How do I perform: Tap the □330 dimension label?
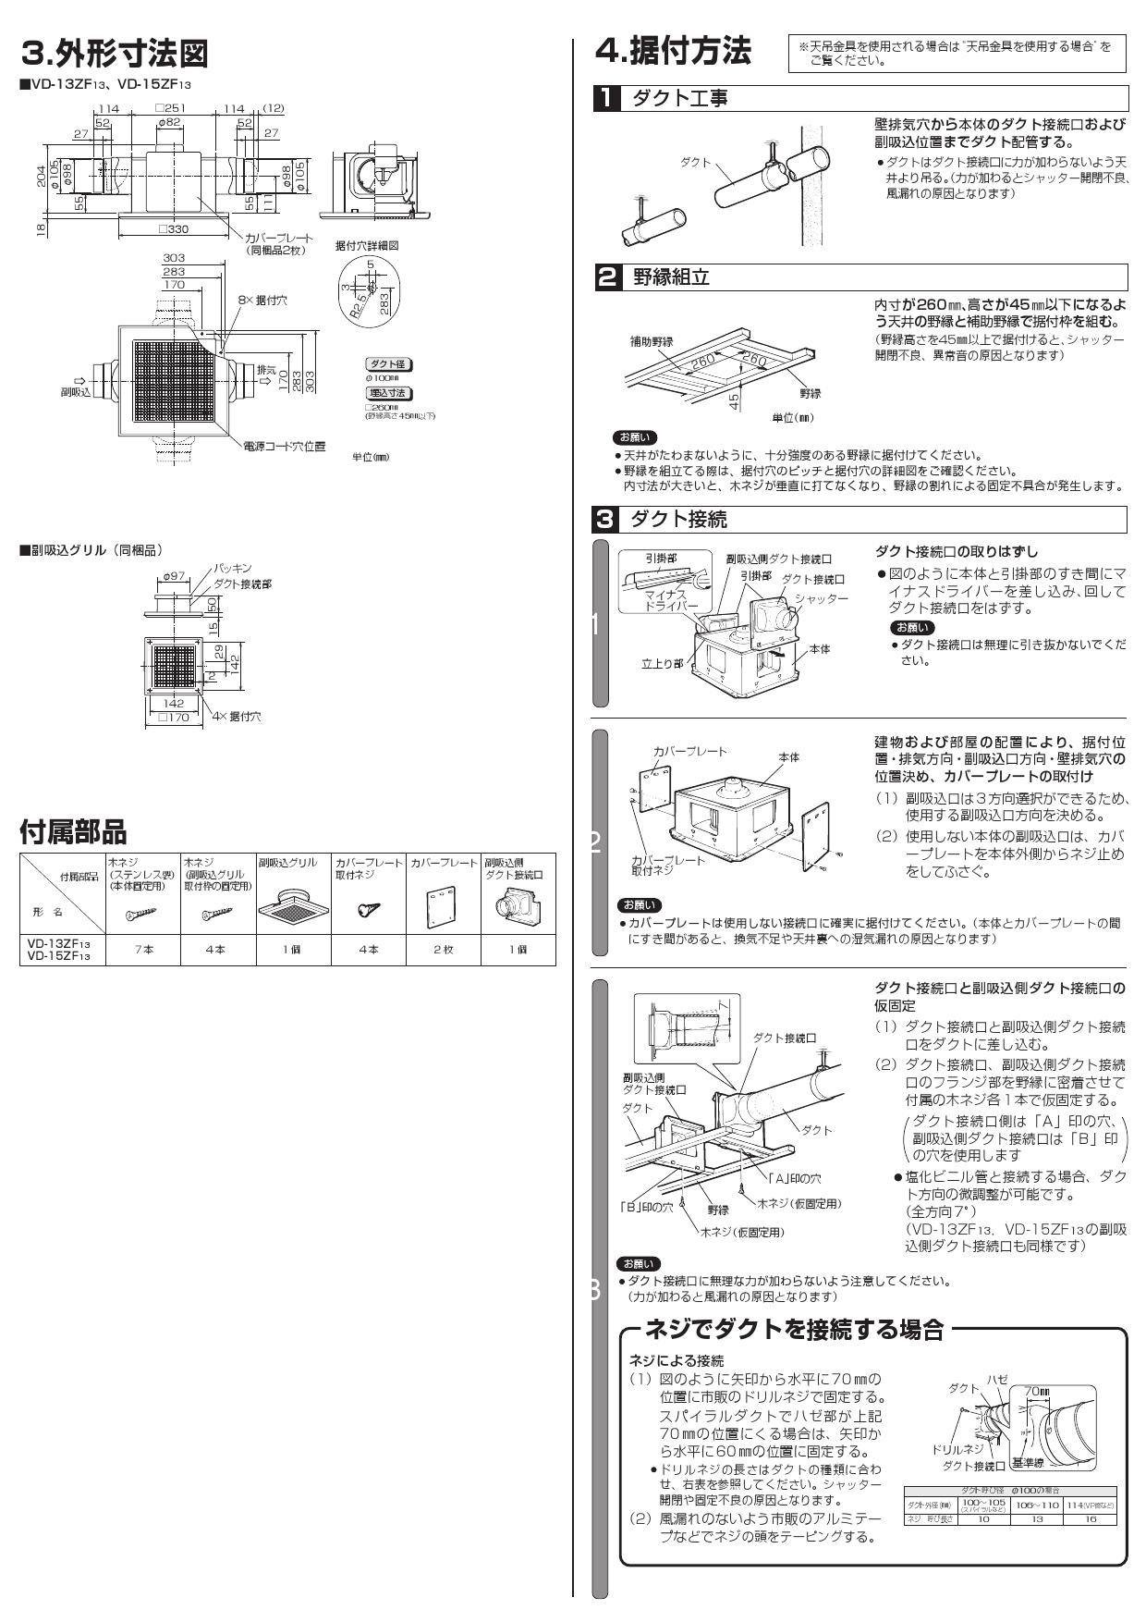point(173,228)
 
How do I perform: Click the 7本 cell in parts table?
point(144,949)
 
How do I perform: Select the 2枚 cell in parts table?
point(443,949)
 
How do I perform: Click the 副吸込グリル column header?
point(287,862)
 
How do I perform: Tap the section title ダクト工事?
point(679,98)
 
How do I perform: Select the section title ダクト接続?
point(678,519)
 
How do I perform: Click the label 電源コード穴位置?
point(284,447)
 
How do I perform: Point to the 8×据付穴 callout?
point(262,301)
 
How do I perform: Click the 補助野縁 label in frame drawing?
point(652,341)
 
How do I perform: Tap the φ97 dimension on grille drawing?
point(174,577)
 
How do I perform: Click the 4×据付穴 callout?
point(237,717)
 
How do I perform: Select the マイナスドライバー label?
point(671,600)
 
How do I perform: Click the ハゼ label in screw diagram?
point(997,1379)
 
